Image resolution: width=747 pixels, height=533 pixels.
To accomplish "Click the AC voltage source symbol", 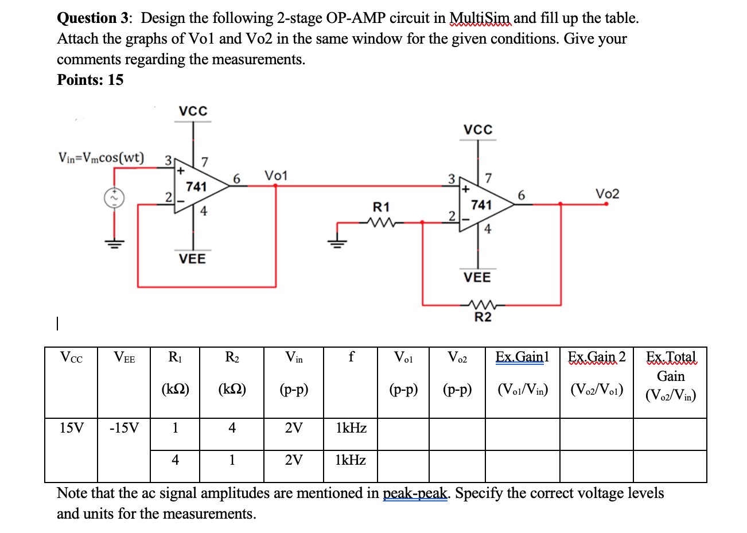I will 114,198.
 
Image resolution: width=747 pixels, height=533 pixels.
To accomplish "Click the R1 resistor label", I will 381,207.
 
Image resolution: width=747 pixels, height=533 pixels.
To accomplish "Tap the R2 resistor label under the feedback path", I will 483,317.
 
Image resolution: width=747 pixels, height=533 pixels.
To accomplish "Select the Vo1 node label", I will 276,175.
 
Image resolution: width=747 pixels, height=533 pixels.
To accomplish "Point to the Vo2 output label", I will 607,194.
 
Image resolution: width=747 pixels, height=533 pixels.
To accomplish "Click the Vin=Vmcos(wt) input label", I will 102,158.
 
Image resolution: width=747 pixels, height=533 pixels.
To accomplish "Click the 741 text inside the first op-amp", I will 196,186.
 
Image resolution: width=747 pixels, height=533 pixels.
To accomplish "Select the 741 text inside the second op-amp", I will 481,205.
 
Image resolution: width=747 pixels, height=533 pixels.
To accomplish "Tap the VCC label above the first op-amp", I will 193,111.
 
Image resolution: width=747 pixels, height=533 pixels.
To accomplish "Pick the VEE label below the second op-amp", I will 477,278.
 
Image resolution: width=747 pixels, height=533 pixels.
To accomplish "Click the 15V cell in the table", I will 71,428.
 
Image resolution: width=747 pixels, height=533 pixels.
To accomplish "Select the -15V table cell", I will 124,428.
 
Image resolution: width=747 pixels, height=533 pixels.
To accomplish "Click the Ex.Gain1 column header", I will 522,357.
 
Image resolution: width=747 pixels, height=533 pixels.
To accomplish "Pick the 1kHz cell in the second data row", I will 351,460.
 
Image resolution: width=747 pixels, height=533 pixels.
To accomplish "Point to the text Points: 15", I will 90,80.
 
